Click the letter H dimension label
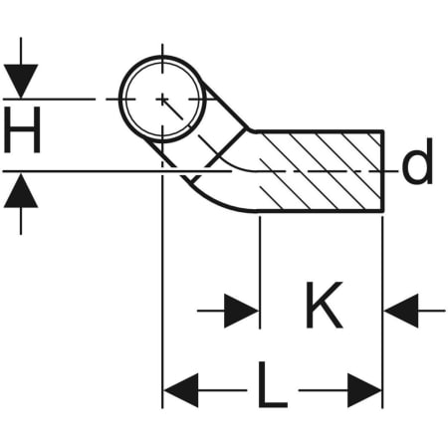click(x=22, y=129)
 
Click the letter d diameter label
click(x=417, y=160)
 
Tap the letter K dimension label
click(x=324, y=305)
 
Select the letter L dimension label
click(x=273, y=384)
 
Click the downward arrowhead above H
click(x=21, y=81)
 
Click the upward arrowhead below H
click(x=21, y=191)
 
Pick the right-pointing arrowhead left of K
click(x=241, y=311)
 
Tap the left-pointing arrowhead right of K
click(x=401, y=311)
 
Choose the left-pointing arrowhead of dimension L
click(x=181, y=390)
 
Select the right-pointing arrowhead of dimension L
click(x=364, y=390)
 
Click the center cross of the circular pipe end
click(x=162, y=99)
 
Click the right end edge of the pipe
click(x=382, y=171)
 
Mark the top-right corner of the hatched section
click(x=383, y=131)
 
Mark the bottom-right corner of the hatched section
click(x=383, y=211)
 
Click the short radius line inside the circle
click(x=172, y=110)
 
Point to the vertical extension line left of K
click(x=260, y=272)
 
